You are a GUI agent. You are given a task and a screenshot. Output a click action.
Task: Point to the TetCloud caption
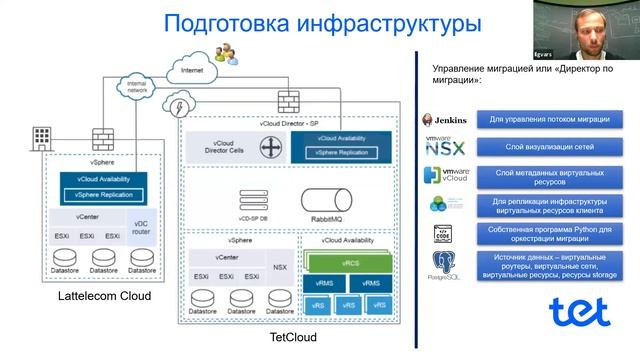pyautogui.click(x=293, y=338)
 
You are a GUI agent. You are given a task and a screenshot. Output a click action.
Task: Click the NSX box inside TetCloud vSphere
pyautogui.click(x=280, y=267)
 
